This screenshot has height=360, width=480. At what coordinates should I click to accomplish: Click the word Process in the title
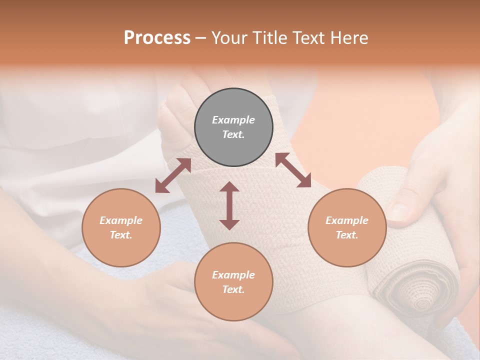[x=157, y=38]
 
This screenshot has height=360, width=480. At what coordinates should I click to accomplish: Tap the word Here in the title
[x=349, y=38]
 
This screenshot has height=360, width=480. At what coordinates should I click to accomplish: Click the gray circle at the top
[x=233, y=127]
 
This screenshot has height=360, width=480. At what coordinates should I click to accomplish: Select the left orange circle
[x=121, y=227]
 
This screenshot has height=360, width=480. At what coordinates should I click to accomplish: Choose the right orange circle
[x=347, y=227]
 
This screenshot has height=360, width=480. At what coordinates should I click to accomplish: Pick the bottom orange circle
[x=233, y=281]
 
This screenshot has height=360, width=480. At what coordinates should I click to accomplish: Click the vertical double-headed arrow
[x=229, y=205]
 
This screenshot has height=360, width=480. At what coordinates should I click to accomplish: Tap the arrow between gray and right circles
[x=293, y=170]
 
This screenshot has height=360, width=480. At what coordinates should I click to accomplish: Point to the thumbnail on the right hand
[x=400, y=212]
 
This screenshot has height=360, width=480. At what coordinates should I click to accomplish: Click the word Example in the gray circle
[x=233, y=120]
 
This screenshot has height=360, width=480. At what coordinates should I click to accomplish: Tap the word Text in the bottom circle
[x=233, y=289]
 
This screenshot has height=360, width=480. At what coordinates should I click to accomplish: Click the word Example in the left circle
[x=121, y=220]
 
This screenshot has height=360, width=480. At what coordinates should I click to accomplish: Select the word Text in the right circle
[x=347, y=235]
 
